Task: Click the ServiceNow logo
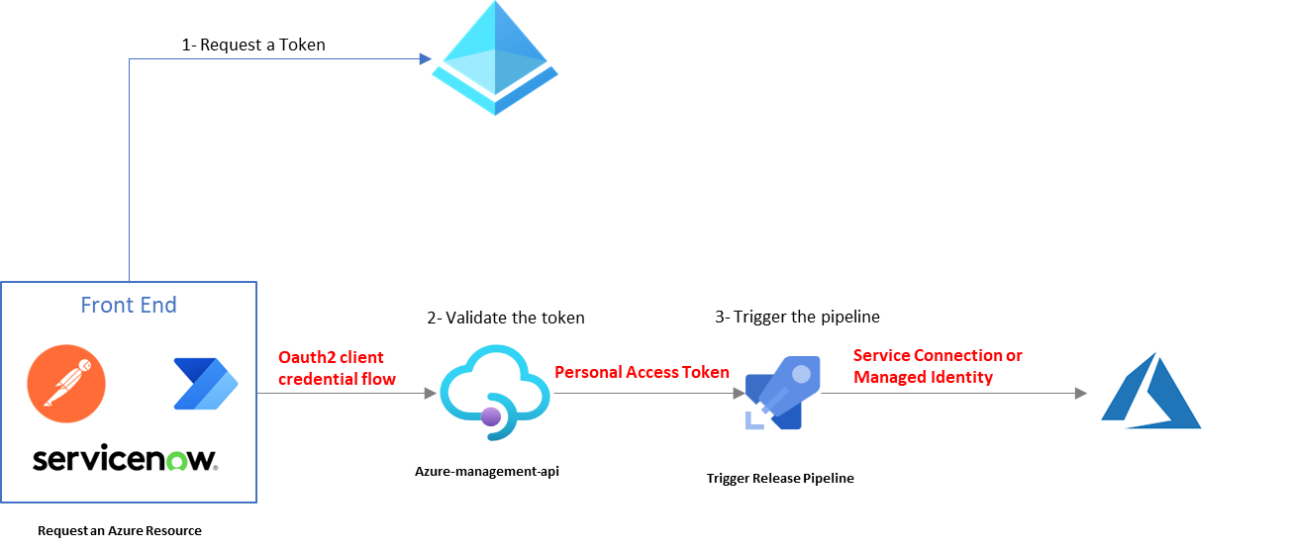click(126, 460)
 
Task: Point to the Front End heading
click(128, 305)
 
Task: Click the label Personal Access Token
click(642, 372)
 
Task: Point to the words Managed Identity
click(923, 377)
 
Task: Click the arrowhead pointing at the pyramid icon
click(426, 59)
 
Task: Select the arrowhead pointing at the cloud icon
click(431, 394)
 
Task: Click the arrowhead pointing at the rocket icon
click(740, 394)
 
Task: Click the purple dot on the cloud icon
click(491, 416)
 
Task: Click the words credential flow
click(337, 379)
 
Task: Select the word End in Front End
click(157, 305)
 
